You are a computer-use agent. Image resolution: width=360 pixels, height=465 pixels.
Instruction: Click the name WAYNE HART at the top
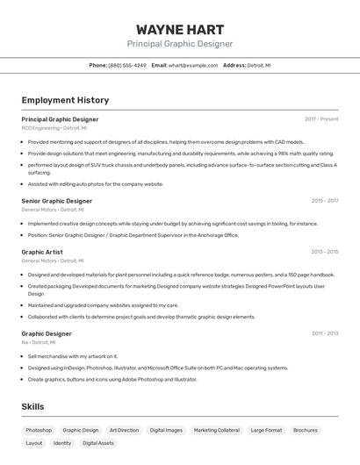click(x=180, y=29)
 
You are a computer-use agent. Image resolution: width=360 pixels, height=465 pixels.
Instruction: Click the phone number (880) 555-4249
click(x=127, y=65)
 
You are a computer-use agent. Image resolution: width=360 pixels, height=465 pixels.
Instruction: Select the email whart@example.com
click(x=192, y=65)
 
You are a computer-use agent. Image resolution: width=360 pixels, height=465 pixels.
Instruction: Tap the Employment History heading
click(x=65, y=100)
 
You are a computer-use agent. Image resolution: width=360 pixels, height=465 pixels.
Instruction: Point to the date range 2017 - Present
click(x=321, y=118)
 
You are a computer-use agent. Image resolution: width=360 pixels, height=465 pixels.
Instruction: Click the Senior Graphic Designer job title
click(x=56, y=200)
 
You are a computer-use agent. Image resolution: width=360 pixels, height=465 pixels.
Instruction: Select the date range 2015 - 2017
click(x=324, y=200)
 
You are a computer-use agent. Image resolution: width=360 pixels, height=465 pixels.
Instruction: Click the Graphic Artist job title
click(x=42, y=252)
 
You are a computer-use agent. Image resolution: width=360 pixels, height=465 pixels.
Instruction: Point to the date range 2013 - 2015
click(x=324, y=252)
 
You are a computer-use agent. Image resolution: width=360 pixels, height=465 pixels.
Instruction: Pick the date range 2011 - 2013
click(x=324, y=333)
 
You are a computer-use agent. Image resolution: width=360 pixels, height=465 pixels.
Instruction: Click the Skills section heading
click(x=32, y=407)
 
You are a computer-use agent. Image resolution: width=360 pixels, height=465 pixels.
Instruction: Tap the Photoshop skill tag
click(x=39, y=430)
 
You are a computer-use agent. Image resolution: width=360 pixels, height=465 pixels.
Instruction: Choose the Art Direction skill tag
click(x=124, y=430)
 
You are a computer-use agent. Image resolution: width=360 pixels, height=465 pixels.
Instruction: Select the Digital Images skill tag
click(x=166, y=430)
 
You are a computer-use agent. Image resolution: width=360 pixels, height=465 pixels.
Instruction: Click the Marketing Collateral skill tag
click(x=216, y=430)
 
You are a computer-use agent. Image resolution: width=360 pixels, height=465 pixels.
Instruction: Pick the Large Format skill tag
click(x=266, y=430)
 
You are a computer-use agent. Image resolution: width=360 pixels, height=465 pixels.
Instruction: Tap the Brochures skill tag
click(x=306, y=430)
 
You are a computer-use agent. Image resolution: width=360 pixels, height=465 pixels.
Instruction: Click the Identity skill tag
click(x=62, y=443)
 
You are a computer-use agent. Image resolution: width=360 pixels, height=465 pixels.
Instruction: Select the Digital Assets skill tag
click(x=98, y=443)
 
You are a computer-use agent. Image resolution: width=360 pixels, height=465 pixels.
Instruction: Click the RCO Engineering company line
click(x=54, y=128)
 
